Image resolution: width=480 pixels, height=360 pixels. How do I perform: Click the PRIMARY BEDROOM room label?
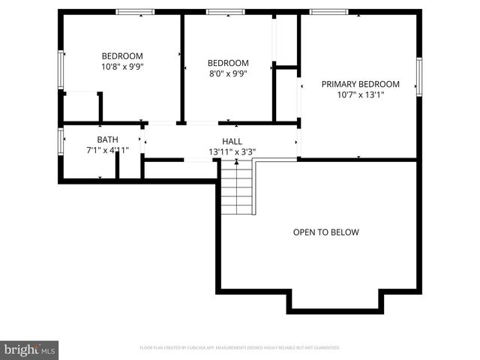tap(360, 84)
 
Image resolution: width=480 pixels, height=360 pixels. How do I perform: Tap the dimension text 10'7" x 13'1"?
tap(360, 95)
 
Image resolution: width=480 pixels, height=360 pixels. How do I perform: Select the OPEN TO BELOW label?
tap(325, 232)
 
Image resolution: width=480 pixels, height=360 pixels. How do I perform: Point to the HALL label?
tap(232, 141)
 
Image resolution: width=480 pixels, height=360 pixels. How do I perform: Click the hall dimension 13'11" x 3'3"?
tap(232, 151)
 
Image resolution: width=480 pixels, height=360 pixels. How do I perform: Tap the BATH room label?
tap(107, 139)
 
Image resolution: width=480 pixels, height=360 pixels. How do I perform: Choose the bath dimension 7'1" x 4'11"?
tap(107, 150)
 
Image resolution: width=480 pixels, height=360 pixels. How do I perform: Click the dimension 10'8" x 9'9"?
tap(122, 67)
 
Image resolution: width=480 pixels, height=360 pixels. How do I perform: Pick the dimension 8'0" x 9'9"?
tap(227, 73)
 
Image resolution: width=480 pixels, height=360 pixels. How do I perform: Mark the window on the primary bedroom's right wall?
tap(419, 77)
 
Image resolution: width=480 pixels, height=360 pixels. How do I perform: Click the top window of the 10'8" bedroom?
tap(135, 11)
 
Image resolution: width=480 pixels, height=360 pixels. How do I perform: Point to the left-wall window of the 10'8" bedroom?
tap(61, 69)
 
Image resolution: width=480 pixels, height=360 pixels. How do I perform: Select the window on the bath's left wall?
tap(61, 140)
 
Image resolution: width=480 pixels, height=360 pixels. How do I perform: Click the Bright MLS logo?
tap(30, 349)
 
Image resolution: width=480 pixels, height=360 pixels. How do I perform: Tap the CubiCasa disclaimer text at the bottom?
tap(240, 348)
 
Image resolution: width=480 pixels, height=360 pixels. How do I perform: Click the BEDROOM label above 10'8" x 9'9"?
tap(122, 56)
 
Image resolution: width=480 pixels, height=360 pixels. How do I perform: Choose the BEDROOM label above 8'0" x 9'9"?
tap(227, 63)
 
